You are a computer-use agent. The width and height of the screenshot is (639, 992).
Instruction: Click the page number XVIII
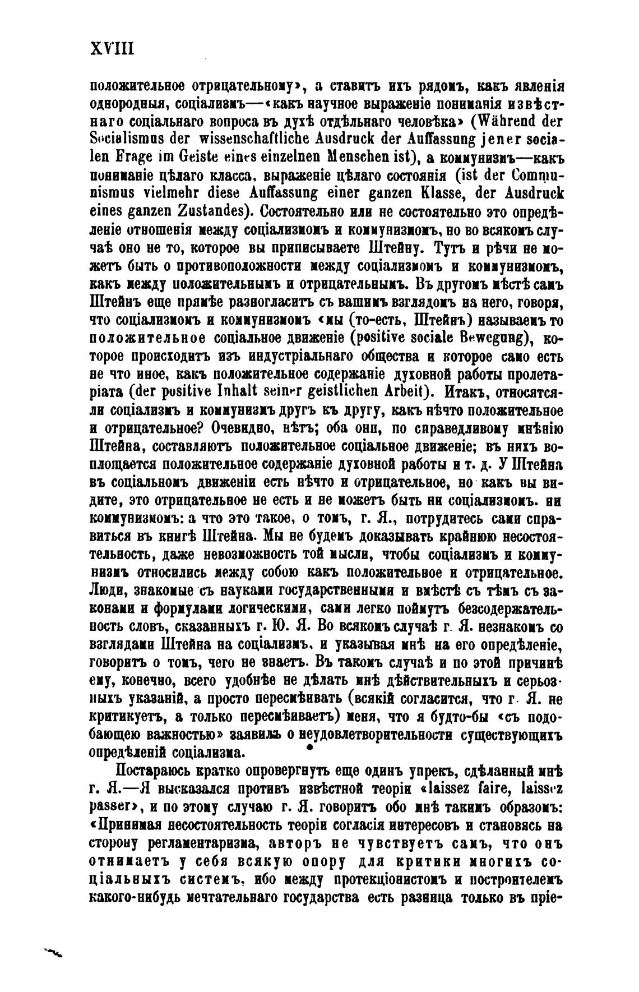(112, 49)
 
